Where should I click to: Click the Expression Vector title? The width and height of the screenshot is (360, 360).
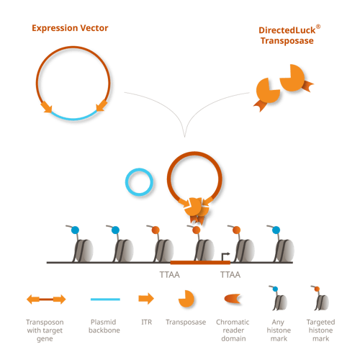(x=70, y=28)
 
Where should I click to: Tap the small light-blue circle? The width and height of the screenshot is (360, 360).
(x=139, y=181)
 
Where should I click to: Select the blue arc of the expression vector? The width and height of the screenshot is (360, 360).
(x=74, y=117)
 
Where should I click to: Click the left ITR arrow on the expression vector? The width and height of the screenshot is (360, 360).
(x=46, y=107)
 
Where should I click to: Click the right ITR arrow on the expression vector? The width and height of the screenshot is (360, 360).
(x=102, y=106)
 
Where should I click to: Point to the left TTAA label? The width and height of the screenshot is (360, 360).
(x=170, y=274)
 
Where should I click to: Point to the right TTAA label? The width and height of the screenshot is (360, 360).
(x=230, y=274)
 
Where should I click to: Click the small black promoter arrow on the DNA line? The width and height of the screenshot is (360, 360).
(x=225, y=256)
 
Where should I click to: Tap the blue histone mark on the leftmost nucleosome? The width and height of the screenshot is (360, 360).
(x=75, y=230)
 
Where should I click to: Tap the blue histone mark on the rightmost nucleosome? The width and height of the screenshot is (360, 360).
(x=276, y=230)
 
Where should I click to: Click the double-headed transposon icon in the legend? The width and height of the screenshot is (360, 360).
(x=46, y=300)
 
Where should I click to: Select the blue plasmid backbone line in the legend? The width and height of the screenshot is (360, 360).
(x=105, y=300)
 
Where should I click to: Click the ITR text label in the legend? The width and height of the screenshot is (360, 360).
(x=147, y=322)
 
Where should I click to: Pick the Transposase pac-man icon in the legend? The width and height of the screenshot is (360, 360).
(x=186, y=299)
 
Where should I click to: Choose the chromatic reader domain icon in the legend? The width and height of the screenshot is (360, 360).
(x=232, y=299)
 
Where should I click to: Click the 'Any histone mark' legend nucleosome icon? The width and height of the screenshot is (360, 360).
(x=278, y=297)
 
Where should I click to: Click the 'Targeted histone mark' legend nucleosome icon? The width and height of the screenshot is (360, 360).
(x=320, y=297)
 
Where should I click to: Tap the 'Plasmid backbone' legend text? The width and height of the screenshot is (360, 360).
(x=104, y=326)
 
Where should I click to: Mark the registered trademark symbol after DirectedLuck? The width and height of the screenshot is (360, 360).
(x=318, y=27)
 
